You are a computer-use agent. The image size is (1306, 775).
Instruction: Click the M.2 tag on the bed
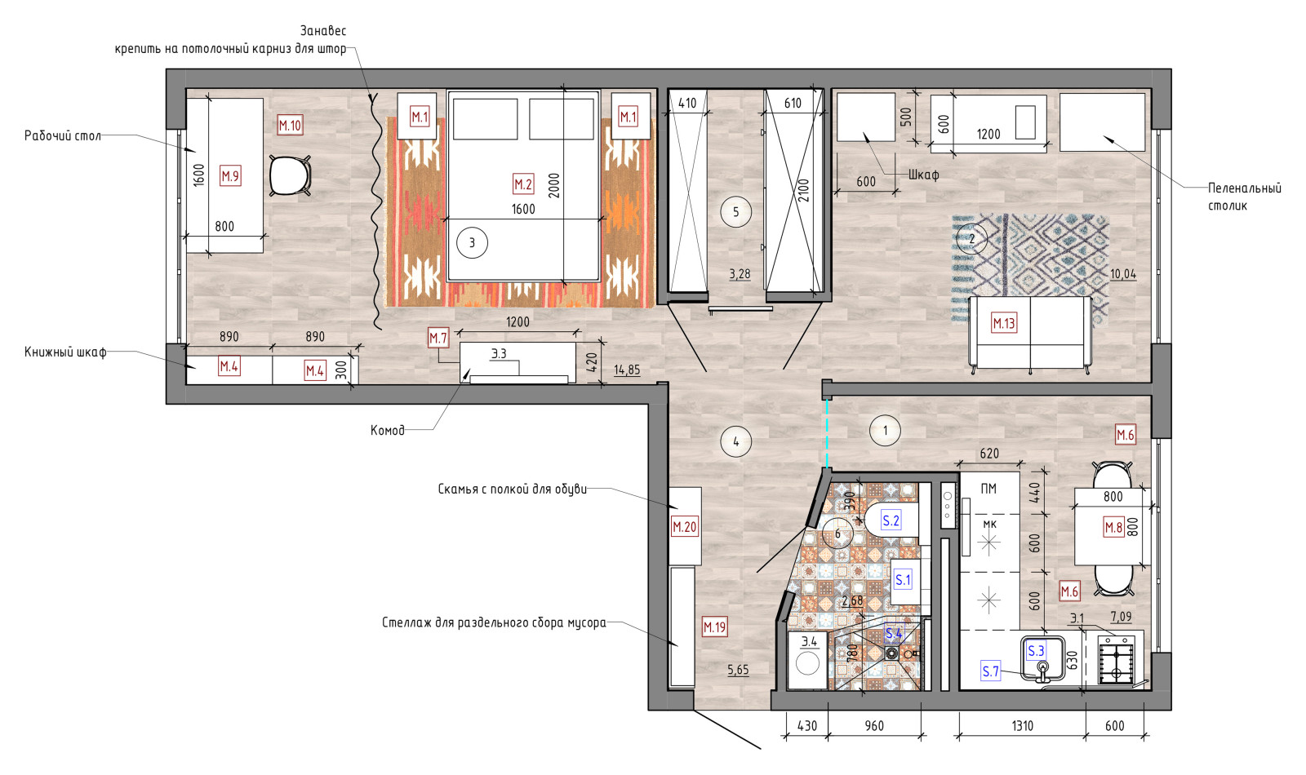coord(523,184)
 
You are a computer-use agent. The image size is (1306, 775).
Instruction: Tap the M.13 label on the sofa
coord(1004,323)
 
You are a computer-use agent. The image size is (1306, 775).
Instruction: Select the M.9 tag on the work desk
coord(230,175)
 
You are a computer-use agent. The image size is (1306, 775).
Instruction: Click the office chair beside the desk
coord(290,175)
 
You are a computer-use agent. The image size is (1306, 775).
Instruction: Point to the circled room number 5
coord(735,211)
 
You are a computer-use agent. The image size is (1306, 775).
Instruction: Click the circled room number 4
coord(735,441)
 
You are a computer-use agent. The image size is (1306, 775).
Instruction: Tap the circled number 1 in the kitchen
coord(885,431)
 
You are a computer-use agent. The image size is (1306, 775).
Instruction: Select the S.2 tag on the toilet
coord(891,520)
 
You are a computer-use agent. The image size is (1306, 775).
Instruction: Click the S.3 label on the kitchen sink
coord(1036,651)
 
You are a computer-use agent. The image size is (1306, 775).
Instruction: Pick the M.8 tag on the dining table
coord(1113,527)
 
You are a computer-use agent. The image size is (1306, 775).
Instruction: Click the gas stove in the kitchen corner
coord(1117,660)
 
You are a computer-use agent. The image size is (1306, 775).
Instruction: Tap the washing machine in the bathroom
coord(807,661)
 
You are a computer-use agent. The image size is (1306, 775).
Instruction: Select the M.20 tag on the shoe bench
coord(685,527)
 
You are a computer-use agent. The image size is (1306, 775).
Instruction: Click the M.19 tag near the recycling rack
coord(715,627)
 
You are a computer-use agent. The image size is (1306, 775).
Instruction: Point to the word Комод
coord(387,430)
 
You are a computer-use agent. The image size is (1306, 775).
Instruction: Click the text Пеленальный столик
coord(1245,197)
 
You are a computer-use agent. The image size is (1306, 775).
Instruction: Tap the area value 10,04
coord(1123,274)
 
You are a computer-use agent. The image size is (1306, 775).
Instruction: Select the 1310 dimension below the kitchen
coord(1023,725)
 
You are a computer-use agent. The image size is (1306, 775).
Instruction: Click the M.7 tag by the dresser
coord(438,338)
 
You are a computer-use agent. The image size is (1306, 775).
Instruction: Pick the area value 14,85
coord(627,370)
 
